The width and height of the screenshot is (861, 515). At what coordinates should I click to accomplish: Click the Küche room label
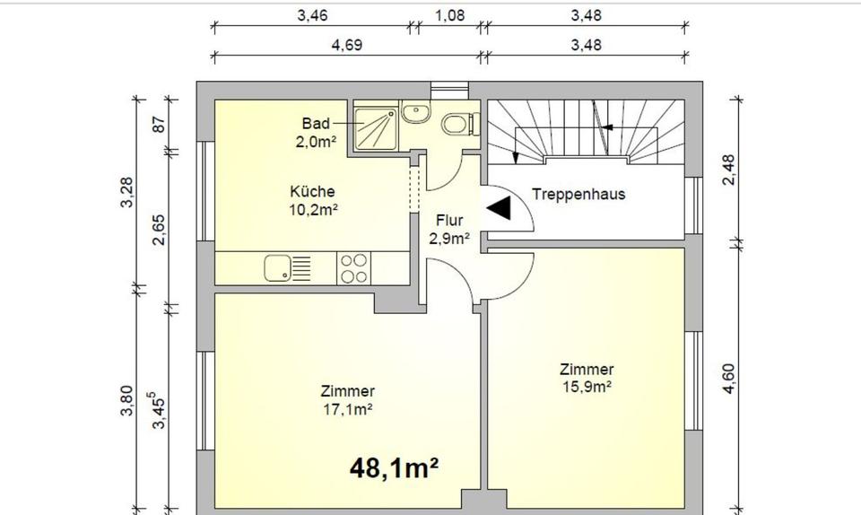[x=312, y=200]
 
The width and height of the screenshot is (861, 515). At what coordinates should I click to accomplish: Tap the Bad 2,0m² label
[x=316, y=132]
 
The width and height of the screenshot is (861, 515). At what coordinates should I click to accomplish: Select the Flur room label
[x=449, y=229]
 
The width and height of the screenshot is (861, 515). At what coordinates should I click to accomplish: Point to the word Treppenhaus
[x=578, y=194]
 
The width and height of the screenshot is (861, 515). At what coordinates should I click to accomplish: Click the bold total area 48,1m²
[x=394, y=468]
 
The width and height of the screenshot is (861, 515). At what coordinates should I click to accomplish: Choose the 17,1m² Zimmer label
[x=348, y=399]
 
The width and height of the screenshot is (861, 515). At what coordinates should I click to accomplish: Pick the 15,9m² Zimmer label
[x=587, y=378]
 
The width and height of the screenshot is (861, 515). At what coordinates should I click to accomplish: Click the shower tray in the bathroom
[x=375, y=129]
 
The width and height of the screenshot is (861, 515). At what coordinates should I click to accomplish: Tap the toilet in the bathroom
[x=460, y=124]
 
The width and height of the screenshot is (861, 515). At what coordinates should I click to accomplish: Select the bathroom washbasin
[x=416, y=112]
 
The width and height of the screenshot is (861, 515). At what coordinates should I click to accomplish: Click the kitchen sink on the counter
[x=287, y=268]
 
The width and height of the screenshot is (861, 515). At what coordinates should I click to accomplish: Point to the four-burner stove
[x=354, y=268]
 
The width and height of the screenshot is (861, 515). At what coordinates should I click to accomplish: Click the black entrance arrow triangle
[x=500, y=208]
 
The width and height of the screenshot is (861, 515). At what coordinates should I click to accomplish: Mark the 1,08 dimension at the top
[x=449, y=15]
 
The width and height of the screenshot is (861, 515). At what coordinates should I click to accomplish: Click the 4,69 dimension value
[x=347, y=45]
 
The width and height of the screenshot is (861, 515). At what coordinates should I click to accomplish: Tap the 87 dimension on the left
[x=159, y=125]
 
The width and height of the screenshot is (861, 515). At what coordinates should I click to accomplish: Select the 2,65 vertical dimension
[x=158, y=230]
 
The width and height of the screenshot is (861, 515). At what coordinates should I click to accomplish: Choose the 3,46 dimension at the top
[x=312, y=15]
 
